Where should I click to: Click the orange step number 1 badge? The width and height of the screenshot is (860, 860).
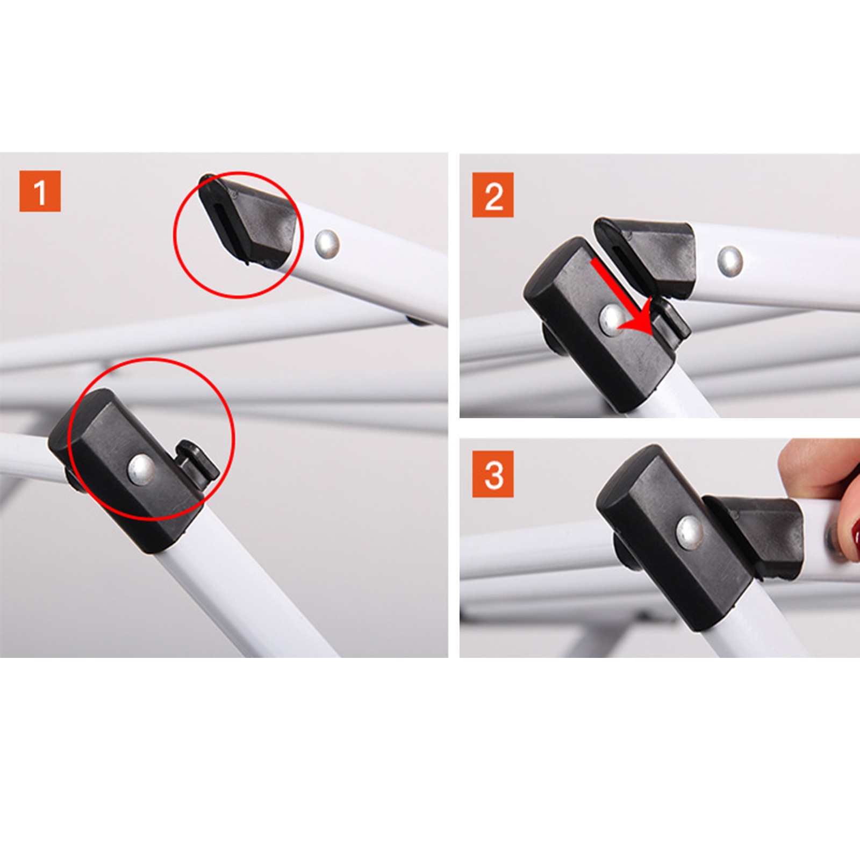tap(40, 191)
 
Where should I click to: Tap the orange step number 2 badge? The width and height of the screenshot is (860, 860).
tap(493, 195)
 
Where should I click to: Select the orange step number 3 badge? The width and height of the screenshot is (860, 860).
tap(493, 474)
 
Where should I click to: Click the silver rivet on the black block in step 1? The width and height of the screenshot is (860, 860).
tap(141, 468)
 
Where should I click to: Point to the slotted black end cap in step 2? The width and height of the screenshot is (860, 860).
tap(646, 255)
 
